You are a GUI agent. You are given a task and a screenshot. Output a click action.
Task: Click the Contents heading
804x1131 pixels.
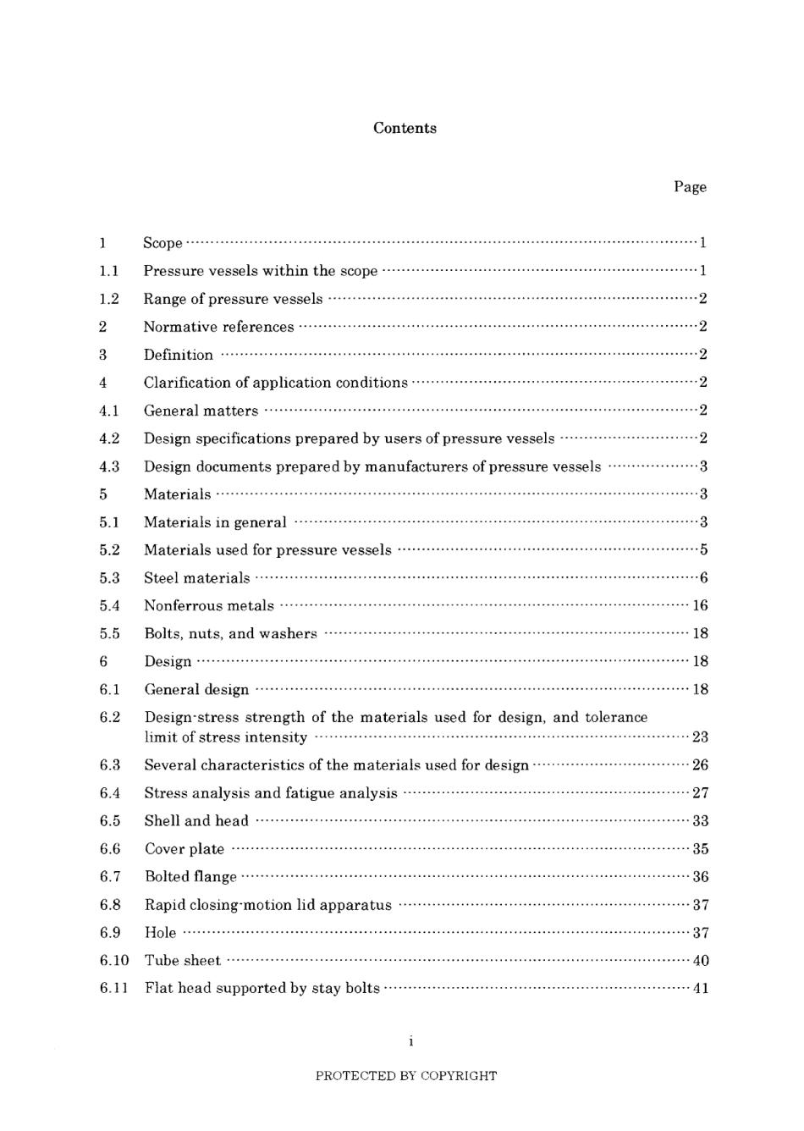pos(405,128)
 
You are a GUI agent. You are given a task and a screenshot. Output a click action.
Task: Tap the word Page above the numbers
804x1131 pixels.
pos(690,187)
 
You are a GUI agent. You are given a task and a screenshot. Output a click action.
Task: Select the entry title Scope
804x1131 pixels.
pos(162,243)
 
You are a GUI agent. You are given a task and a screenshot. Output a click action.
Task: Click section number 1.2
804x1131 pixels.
pos(109,299)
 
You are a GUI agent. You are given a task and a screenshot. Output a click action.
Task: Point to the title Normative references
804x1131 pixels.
pos(218,327)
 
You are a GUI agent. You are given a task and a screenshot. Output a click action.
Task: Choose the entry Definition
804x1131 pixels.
pos(178,355)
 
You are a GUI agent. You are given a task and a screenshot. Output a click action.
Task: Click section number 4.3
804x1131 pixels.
pos(109,466)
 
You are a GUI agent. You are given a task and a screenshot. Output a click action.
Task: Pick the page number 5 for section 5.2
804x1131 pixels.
pos(703,550)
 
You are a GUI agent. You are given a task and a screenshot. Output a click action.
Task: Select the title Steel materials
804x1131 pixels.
pos(196,578)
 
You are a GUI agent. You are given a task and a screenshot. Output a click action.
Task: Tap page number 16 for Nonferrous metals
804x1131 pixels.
pos(700,606)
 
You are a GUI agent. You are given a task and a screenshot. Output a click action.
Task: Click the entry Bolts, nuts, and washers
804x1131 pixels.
pos(230,634)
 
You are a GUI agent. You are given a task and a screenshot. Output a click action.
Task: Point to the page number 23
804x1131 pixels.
pos(700,737)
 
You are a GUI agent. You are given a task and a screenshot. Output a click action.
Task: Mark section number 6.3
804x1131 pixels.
pos(110,765)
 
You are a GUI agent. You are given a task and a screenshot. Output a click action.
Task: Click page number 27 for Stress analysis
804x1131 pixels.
pos(700,793)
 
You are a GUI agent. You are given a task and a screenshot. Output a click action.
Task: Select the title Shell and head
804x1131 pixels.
pos(196,821)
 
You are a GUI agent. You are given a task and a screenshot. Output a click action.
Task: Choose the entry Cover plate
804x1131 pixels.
pos(184,849)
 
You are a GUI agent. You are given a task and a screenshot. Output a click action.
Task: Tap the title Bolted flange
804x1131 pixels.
pos(190,877)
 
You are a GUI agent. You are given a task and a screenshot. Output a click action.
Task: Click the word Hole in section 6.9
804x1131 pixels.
pos(160,933)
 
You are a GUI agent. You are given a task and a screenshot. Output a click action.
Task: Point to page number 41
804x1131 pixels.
pos(700,988)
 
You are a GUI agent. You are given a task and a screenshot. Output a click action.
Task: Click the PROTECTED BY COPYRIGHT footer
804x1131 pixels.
pos(406,1076)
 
